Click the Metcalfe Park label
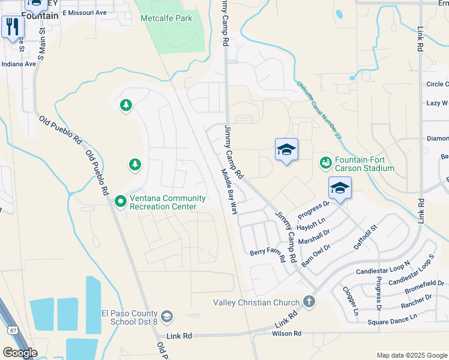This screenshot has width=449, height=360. pos(166,18)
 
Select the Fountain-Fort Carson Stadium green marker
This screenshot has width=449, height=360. pos(325,163)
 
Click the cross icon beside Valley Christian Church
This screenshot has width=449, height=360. pos(309,301)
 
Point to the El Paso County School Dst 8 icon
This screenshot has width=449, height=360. pos(166,316)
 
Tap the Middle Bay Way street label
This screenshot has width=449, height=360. pos(229,191)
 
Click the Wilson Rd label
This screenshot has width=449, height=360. pos(286,333)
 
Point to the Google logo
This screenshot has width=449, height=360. pos(20,352)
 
